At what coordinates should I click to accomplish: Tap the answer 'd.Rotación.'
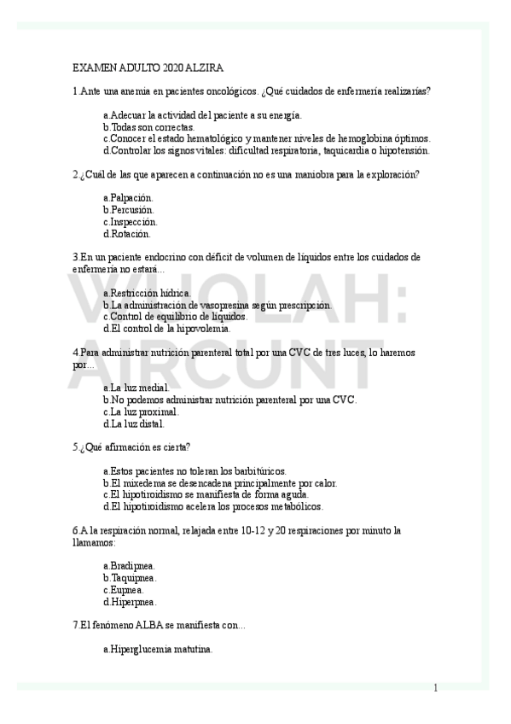tap(126, 234)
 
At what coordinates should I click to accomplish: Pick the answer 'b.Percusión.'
tap(129, 210)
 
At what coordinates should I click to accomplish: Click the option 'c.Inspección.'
tap(130, 222)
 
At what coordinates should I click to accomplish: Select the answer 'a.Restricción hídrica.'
tap(147, 293)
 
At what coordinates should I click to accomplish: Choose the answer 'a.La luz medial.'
tap(136, 388)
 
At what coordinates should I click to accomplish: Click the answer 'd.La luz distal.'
tap(133, 423)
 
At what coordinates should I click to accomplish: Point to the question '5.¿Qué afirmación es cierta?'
tap(132, 447)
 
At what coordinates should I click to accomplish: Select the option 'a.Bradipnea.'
tap(129, 566)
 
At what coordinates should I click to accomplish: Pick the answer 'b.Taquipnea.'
tap(130, 578)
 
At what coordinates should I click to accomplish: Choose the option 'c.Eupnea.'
tap(124, 590)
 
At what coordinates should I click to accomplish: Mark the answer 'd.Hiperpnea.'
tap(130, 601)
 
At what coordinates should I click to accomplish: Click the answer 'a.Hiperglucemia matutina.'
tap(158, 650)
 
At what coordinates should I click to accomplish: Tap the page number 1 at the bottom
tap(435, 688)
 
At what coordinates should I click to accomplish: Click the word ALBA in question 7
tap(131, 626)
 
